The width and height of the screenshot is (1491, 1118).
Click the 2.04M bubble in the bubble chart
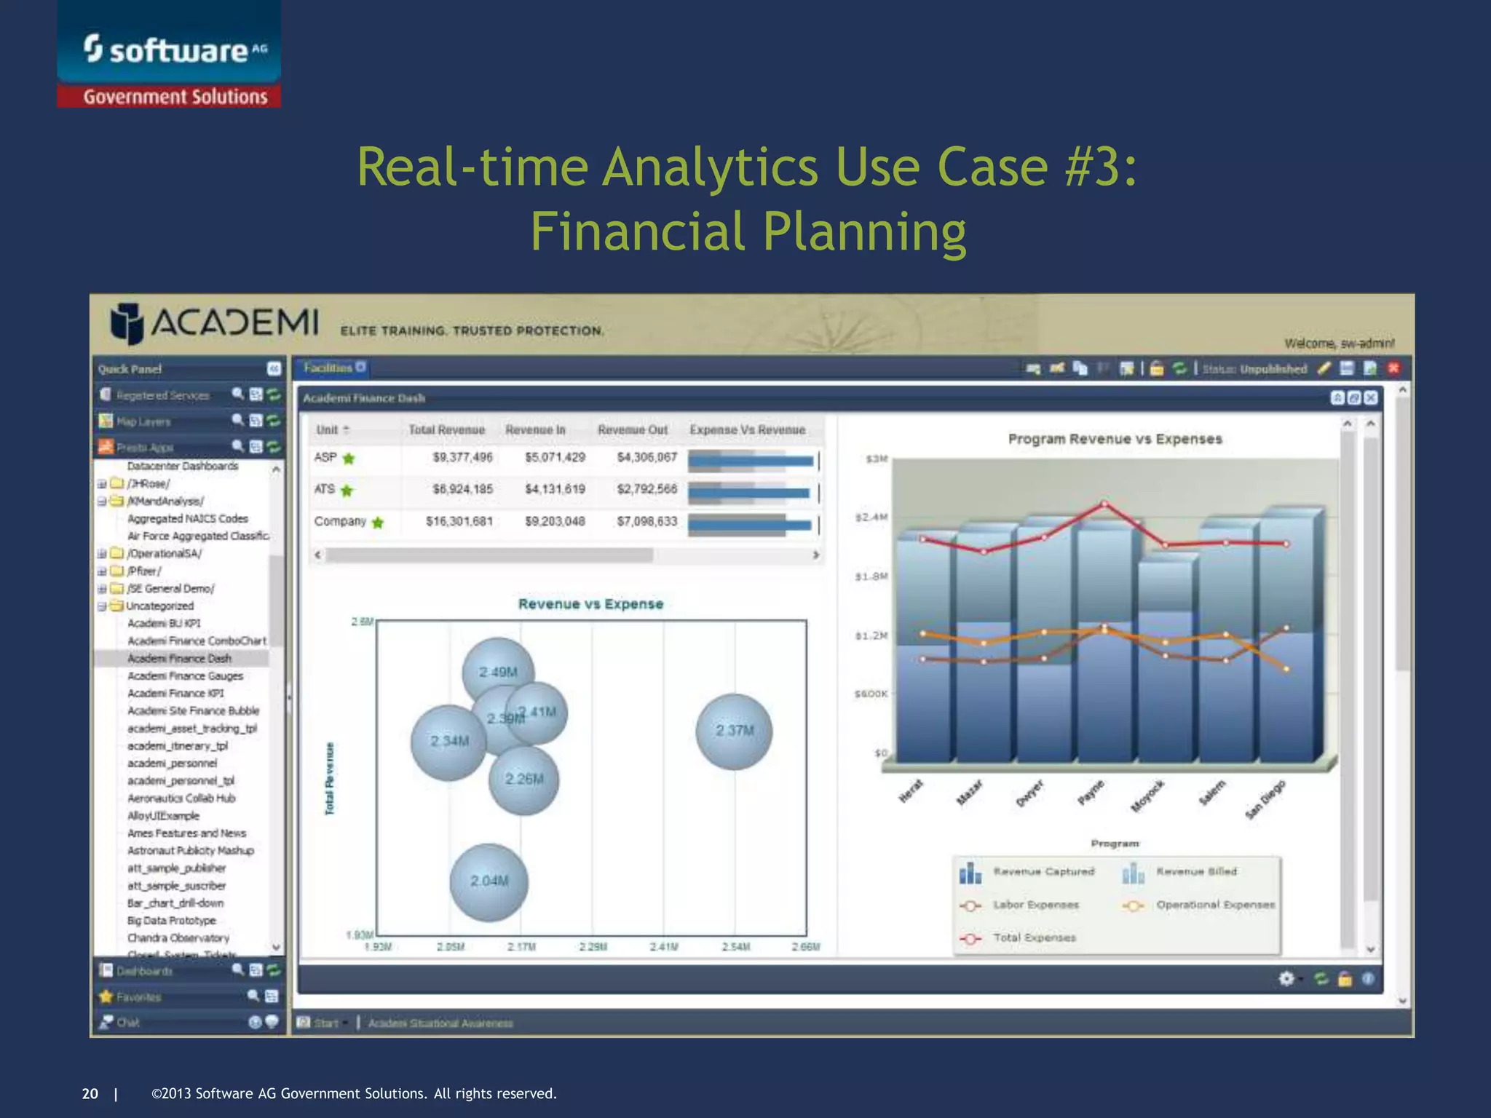coord(489,881)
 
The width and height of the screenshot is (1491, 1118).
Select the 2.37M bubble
coord(734,731)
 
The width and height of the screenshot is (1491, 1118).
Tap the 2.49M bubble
coord(498,672)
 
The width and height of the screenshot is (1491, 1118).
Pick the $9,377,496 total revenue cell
coord(462,457)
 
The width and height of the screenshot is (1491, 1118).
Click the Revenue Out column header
coord(632,430)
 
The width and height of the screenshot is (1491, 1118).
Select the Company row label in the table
coord(340,521)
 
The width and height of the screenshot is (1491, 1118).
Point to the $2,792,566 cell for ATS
coord(646,489)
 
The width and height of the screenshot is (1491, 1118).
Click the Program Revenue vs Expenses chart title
coord(1115,439)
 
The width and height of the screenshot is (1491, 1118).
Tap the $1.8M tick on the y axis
coord(871,576)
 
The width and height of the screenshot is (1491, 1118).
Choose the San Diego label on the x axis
coord(1265,799)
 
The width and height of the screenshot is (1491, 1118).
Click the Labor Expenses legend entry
coord(1035,905)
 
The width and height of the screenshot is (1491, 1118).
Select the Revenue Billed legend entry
coord(1196,871)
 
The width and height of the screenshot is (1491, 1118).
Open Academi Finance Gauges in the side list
coord(185,676)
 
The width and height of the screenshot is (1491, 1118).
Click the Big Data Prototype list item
coord(171,921)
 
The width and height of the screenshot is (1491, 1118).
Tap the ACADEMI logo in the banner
coord(215,322)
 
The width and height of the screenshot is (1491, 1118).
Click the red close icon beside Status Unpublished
coord(1393,368)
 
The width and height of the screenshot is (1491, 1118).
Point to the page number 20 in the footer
coord(90,1093)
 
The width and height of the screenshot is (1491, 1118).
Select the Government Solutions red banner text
coord(175,97)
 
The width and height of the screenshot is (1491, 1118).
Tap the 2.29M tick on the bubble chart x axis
coord(593,947)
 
